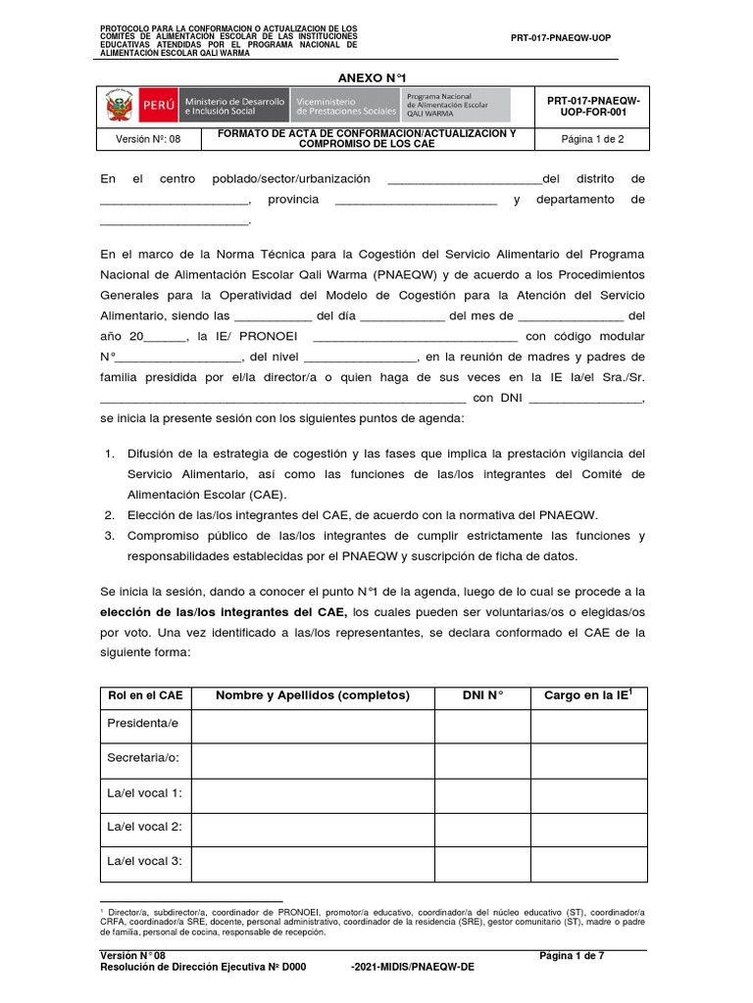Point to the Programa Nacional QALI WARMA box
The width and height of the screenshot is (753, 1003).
456,105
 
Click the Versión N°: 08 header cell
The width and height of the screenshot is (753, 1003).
148,139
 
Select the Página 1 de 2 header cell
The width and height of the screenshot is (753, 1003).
591,139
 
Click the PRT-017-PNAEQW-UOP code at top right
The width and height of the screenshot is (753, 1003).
561,37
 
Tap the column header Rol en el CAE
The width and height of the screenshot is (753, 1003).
145,695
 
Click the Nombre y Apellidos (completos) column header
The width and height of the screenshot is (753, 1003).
312,695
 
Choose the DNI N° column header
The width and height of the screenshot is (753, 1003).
482,695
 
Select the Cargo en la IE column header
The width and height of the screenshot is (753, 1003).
588,695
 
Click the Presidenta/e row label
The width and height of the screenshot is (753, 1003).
143,723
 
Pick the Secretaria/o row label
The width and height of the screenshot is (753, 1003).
144,758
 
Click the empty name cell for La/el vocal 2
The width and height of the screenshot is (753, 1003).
313,827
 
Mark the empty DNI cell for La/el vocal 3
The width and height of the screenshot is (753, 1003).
482,861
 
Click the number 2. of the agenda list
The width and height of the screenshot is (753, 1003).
110,514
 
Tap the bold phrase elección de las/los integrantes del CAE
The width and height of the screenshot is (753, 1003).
224,612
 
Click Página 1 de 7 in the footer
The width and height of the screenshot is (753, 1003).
573,955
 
